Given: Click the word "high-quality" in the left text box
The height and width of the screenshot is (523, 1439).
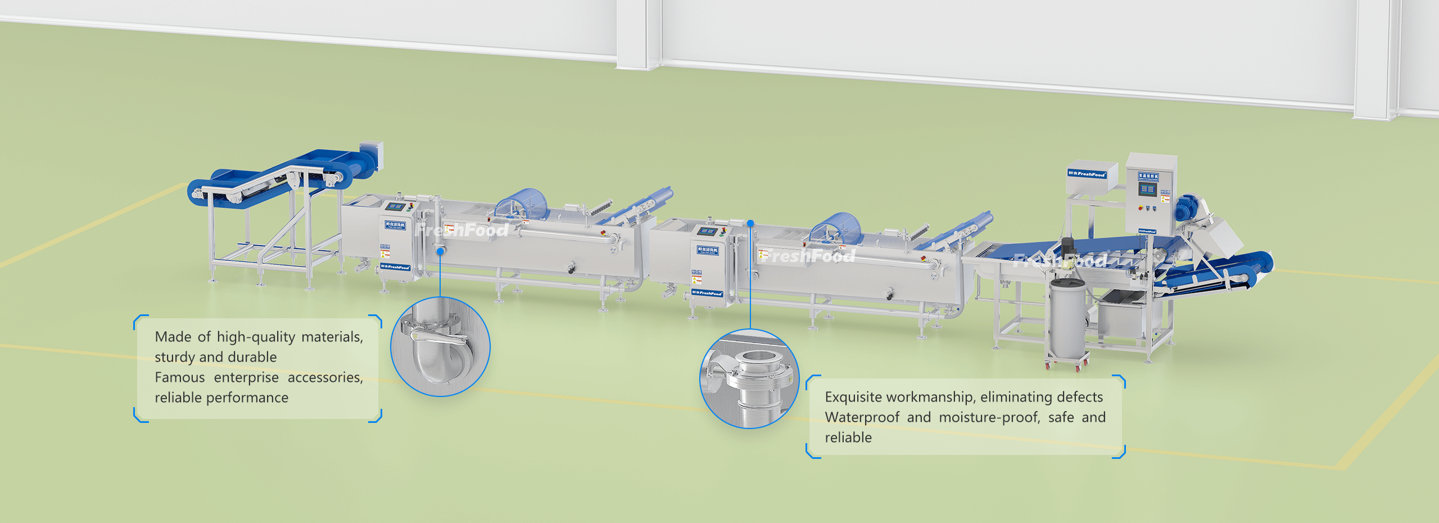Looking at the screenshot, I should (x=256, y=337).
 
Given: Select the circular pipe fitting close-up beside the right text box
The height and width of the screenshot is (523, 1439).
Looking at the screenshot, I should (x=749, y=379).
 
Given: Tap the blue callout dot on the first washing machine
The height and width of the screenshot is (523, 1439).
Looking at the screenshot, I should (x=441, y=251).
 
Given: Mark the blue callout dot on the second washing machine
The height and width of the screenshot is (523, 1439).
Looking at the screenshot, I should (x=750, y=223).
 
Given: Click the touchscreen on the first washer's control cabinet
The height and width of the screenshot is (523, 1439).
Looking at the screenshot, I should (x=395, y=207).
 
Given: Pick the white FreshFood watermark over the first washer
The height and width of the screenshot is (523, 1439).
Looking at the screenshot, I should (x=461, y=230).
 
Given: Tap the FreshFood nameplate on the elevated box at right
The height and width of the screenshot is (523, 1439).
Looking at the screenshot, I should (x=1087, y=174).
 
